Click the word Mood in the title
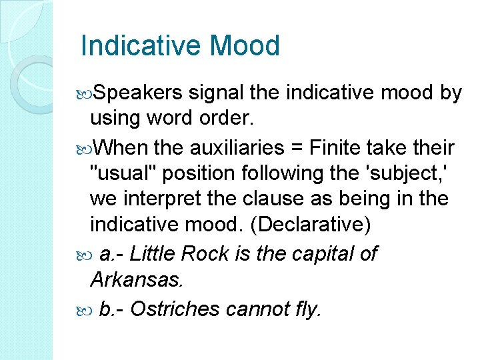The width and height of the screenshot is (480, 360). tap(244, 46)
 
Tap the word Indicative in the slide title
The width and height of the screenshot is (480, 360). tap(141, 46)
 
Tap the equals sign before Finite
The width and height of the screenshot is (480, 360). tap(307, 147)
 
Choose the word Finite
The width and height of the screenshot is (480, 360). tap(347, 147)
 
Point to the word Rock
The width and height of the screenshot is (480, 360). tap(204, 253)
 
